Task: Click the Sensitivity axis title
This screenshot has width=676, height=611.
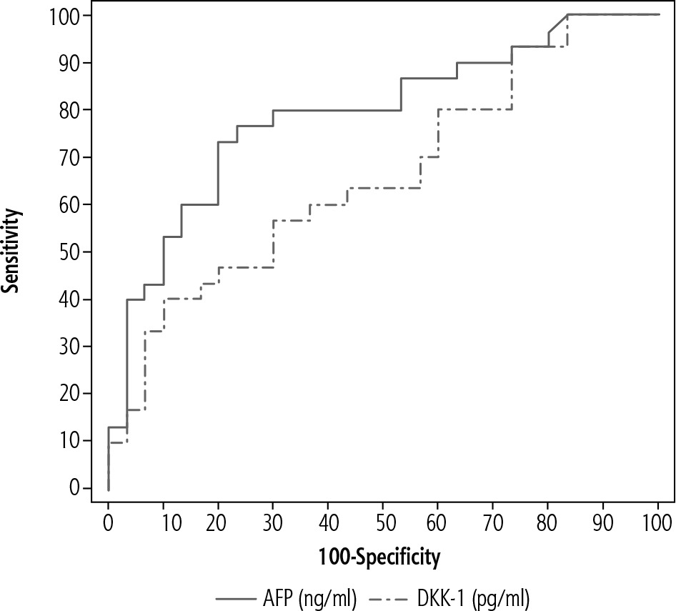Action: point(13,252)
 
